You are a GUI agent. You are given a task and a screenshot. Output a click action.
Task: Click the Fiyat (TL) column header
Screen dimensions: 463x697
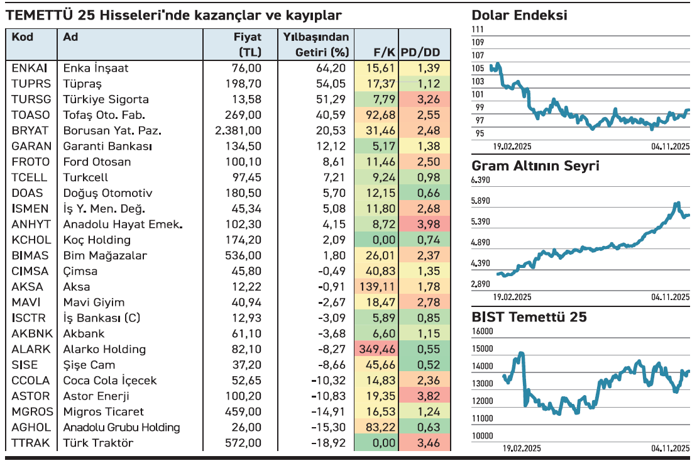247,44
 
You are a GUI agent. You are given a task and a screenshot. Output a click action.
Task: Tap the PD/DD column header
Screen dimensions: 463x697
420,52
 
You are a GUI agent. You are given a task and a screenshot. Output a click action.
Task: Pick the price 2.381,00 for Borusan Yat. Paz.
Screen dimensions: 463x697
238,131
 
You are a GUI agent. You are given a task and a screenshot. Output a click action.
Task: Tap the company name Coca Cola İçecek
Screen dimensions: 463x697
110,381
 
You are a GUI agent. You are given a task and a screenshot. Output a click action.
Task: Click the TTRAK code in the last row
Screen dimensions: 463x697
30,443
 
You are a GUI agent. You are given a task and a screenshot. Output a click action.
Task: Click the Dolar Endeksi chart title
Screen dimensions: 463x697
519,16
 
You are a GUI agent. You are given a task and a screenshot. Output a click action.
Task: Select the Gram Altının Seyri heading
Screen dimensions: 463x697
535,166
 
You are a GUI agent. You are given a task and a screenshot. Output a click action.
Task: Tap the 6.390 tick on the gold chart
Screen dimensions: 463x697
481,181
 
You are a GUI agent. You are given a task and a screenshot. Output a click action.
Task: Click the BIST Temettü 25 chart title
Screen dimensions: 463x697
529,317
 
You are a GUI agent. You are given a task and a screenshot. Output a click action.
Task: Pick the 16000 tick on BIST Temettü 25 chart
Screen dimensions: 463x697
482,332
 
